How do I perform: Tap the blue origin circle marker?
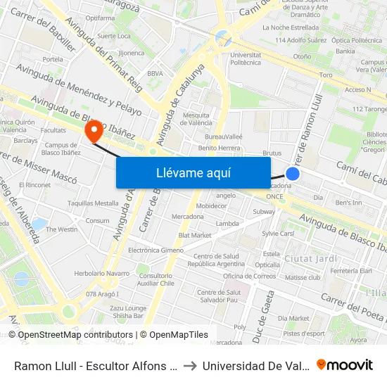[x=293, y=173]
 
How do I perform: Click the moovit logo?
[x=345, y=365]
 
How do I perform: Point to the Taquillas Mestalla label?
[x=93, y=203]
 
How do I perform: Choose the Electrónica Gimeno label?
[x=156, y=250]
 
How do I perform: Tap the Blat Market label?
[x=195, y=235]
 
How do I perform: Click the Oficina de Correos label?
[x=250, y=276]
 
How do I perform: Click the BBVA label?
[x=156, y=73]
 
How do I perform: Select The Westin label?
[x=62, y=229]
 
